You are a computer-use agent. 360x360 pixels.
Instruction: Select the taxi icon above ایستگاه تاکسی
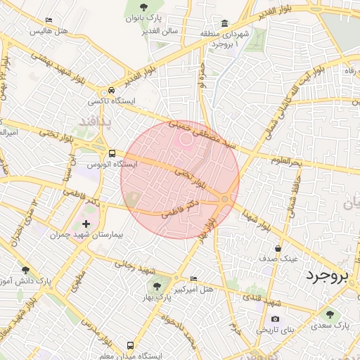click(111, 91)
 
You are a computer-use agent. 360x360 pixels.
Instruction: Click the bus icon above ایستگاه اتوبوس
click(112, 153)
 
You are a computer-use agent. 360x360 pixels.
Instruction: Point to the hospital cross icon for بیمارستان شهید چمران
click(86, 224)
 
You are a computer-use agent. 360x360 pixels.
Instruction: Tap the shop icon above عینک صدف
click(278, 248)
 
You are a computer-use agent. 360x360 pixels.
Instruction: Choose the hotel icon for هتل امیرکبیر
click(193, 279)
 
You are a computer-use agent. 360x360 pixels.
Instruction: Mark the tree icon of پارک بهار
click(156, 286)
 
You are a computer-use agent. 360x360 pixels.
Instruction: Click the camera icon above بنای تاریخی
click(275, 319)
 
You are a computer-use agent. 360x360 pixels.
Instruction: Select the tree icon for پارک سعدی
click(330, 314)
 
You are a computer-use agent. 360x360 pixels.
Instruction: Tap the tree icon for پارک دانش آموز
click(26, 269)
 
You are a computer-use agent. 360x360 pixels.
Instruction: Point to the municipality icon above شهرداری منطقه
click(225, 23)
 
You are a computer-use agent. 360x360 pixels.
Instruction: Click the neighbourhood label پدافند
click(100, 121)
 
